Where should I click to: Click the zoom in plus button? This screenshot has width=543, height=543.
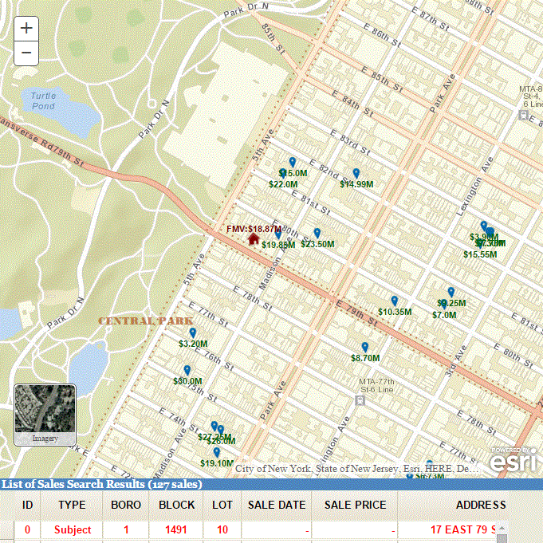pos(26,28)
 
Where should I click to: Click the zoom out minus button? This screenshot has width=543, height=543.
pos(26,53)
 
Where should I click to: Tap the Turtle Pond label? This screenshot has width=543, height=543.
pos(44,100)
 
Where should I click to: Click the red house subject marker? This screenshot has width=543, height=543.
pos(254,238)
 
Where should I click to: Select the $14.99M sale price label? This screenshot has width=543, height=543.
pos(356,184)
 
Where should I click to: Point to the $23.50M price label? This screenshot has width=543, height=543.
pos(317,244)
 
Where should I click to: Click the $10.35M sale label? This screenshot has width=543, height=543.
pos(395,312)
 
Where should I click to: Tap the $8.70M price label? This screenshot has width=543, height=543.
pos(365,359)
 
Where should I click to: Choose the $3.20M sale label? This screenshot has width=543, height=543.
pos(193,344)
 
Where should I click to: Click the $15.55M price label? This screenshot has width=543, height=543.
pos(480,254)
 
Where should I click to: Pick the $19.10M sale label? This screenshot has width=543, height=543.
pos(217,463)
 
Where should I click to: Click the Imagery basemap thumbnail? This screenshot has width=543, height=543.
pos(45,414)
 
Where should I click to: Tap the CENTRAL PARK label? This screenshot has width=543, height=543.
pos(136,321)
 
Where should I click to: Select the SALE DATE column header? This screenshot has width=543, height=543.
pos(277,505)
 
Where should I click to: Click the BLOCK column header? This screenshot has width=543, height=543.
pos(176,505)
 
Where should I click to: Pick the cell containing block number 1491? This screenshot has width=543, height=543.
pos(176,529)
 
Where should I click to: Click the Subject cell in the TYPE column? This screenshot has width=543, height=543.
pos(73,529)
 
